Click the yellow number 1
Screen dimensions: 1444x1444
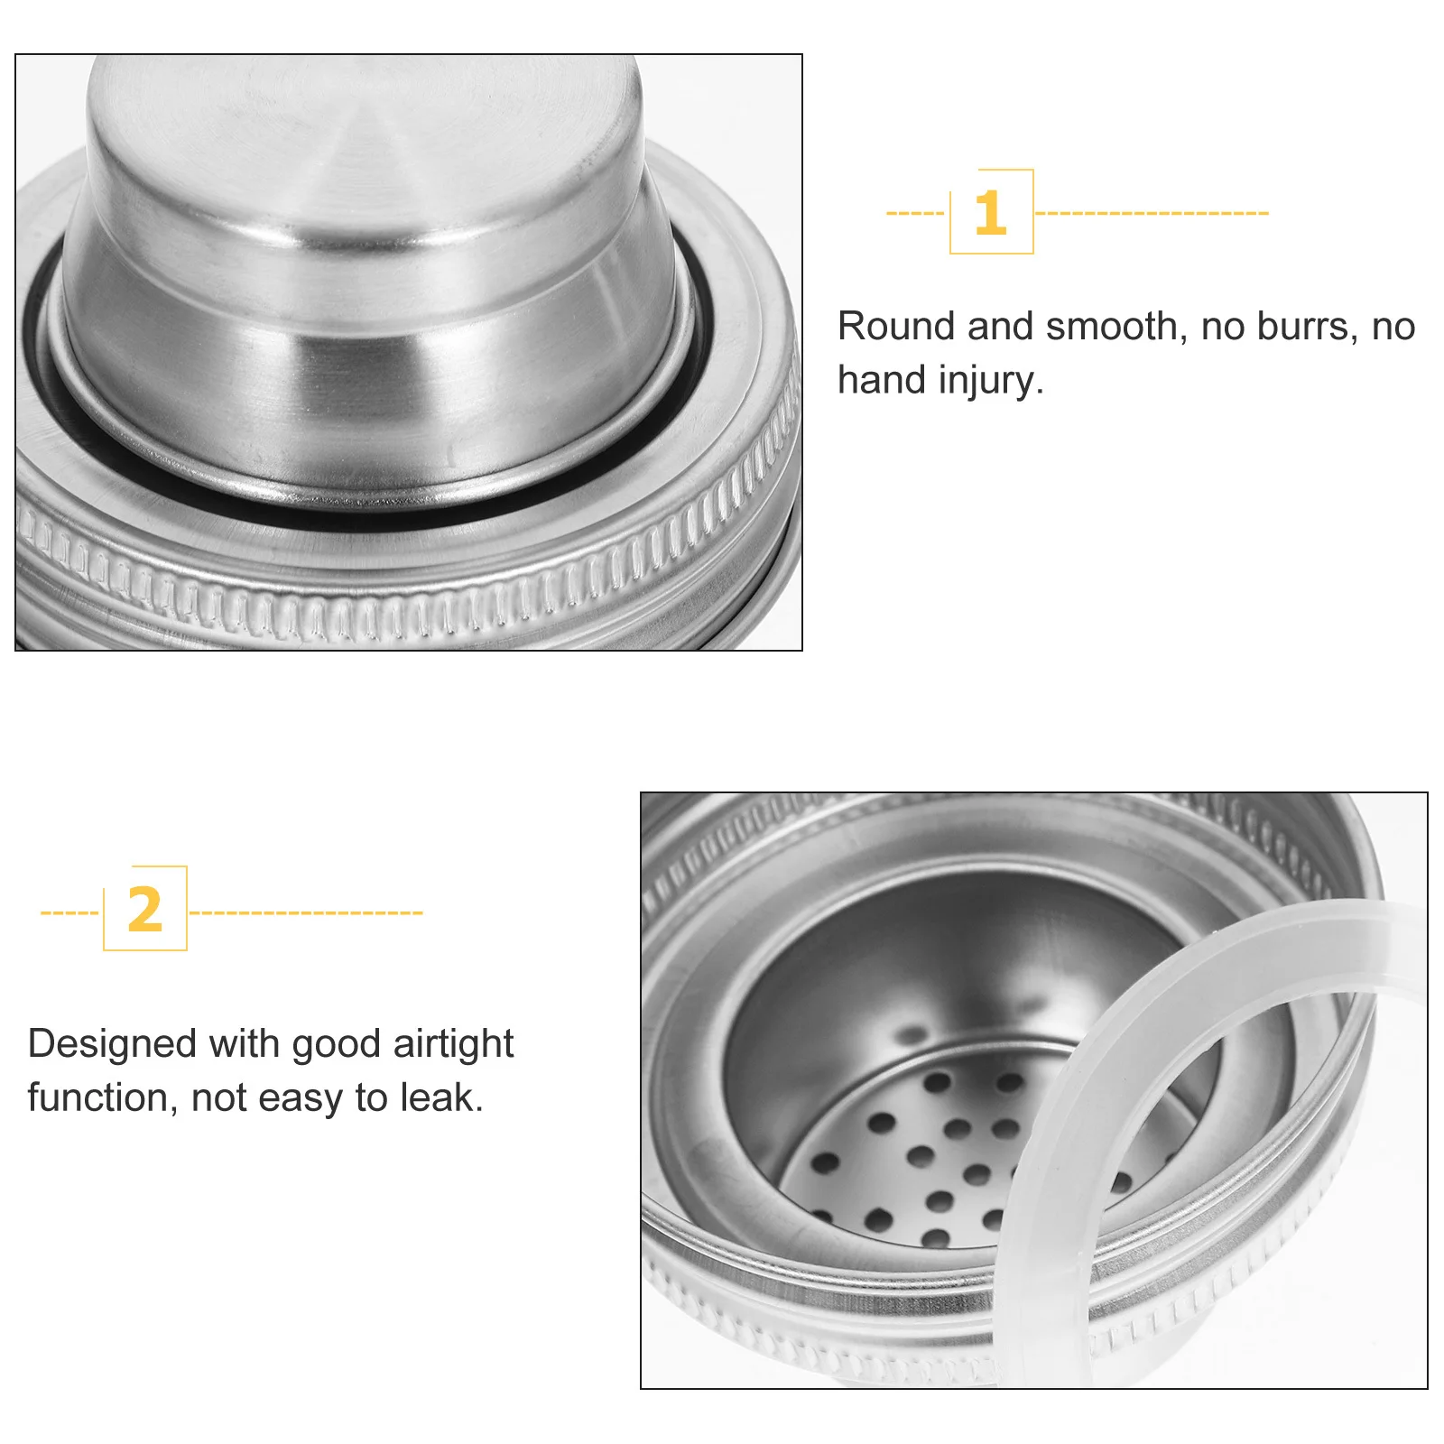pos(990,213)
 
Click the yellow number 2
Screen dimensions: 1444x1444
pos(144,910)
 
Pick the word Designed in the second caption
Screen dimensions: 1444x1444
pos(112,1044)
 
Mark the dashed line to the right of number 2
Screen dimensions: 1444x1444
pos(306,913)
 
